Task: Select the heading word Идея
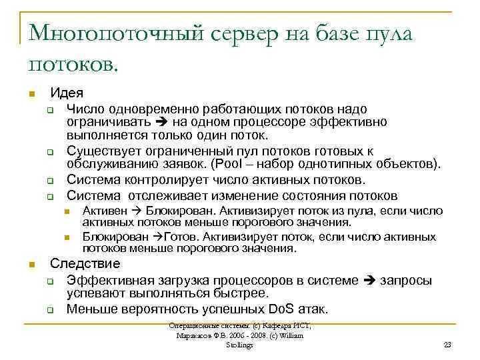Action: point(67,93)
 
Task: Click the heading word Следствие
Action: point(85,263)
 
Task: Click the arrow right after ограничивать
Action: point(161,121)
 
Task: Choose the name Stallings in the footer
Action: point(239,345)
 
